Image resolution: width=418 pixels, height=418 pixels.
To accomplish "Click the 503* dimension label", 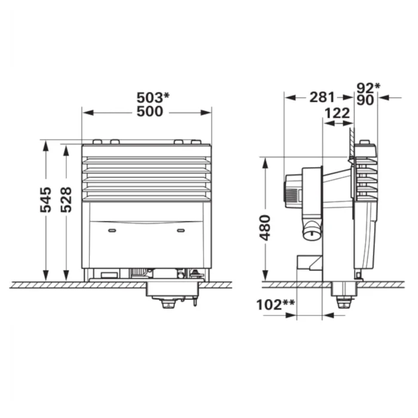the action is click(x=153, y=97).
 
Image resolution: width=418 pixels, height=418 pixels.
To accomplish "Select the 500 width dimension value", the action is click(x=150, y=112).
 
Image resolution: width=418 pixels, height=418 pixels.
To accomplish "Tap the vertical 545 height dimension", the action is click(x=45, y=199).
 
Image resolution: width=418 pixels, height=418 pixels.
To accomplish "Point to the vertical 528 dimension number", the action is click(x=66, y=199).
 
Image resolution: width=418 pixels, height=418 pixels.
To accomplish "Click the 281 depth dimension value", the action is click(x=322, y=97).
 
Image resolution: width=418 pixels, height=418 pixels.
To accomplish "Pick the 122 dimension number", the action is click(x=337, y=113).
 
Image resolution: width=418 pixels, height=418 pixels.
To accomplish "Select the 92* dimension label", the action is click(x=368, y=87).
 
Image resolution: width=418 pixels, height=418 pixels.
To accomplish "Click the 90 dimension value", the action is click(x=365, y=100).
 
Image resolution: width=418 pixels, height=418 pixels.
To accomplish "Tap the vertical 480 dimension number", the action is click(x=265, y=228).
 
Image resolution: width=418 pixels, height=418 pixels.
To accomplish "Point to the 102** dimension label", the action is click(x=275, y=305).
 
